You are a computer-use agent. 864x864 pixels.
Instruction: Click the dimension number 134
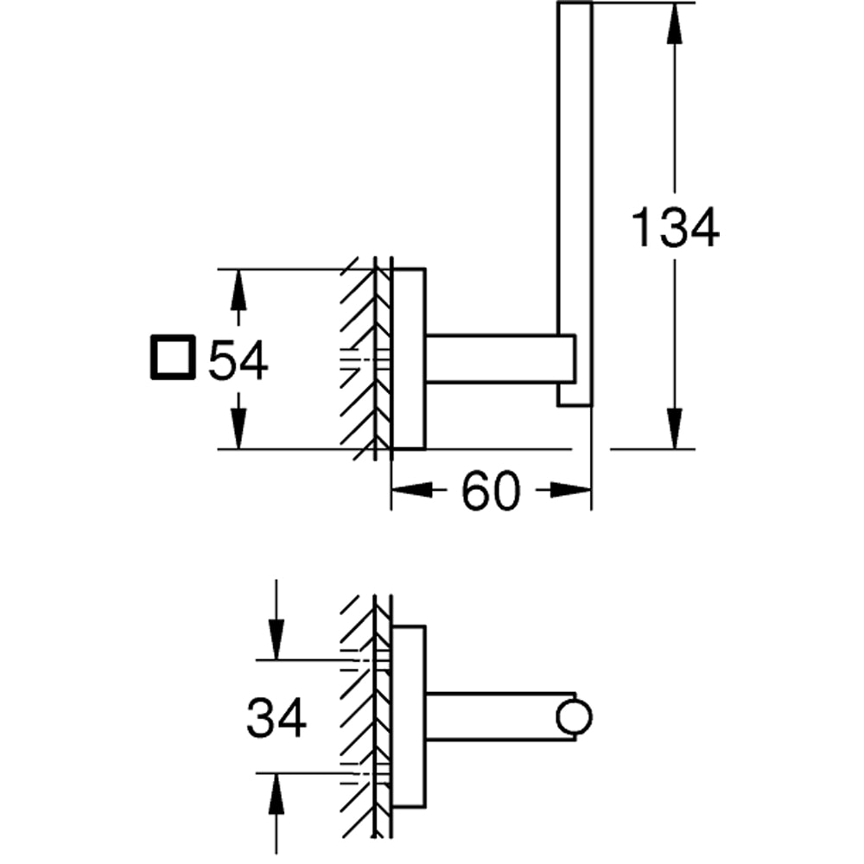click(675, 228)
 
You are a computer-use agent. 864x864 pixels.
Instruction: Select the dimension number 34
click(276, 718)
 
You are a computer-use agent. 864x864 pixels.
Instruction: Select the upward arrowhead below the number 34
click(276, 795)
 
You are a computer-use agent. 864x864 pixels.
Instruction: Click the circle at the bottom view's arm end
click(575, 717)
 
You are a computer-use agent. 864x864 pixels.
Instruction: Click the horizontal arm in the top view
click(492, 357)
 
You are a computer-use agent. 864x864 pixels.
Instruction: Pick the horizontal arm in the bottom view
click(492, 716)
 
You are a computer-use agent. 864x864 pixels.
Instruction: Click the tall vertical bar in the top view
click(575, 173)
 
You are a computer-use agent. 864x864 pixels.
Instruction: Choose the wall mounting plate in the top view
click(409, 359)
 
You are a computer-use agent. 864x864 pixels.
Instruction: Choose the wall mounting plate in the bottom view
click(409, 717)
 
